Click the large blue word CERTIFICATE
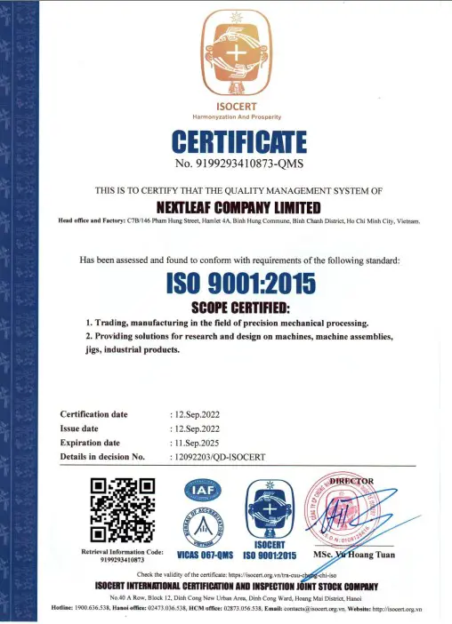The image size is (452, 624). [x=238, y=143]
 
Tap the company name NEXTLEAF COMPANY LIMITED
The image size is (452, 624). [x=238, y=205]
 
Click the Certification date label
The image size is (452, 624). [x=93, y=414]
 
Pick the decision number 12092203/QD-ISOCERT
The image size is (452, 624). [x=217, y=457]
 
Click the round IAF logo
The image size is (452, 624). [x=199, y=491]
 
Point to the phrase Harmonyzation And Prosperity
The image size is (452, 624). [x=237, y=117]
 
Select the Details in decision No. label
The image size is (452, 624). [x=101, y=457]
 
